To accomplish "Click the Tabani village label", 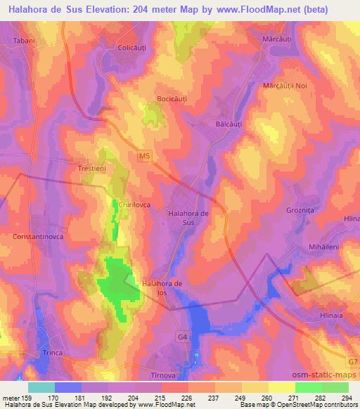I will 24,41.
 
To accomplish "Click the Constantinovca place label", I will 37,237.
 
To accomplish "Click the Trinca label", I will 52,352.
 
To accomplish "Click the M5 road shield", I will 145,155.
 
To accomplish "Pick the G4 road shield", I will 183,337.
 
